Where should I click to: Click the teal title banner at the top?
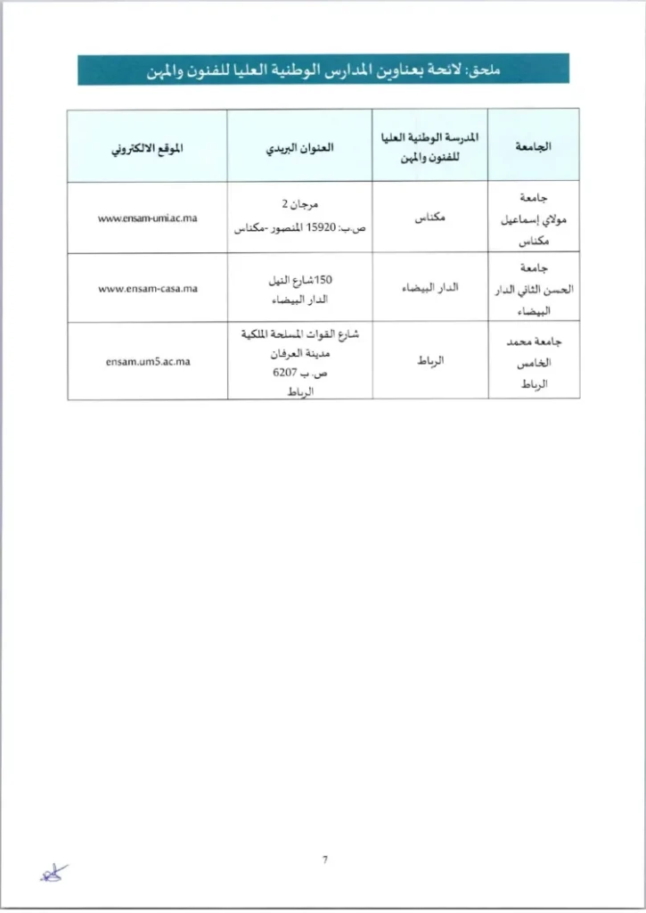(x=323, y=70)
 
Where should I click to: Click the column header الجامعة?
(x=534, y=146)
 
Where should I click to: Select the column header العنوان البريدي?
(x=299, y=146)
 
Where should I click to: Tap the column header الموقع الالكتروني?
(x=147, y=147)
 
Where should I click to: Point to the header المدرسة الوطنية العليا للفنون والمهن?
(x=430, y=145)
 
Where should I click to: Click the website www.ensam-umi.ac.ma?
(x=148, y=218)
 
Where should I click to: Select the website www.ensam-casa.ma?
(x=148, y=289)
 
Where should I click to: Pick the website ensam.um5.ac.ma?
(x=148, y=361)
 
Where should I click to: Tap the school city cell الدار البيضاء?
(x=430, y=289)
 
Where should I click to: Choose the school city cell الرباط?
(x=430, y=361)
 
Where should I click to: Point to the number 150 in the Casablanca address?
(x=323, y=280)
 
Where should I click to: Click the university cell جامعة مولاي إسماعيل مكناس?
(x=534, y=218)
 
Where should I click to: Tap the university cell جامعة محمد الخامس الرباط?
(x=534, y=361)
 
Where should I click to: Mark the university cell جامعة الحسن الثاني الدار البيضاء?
(x=534, y=289)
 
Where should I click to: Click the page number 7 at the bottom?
(x=324, y=860)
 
